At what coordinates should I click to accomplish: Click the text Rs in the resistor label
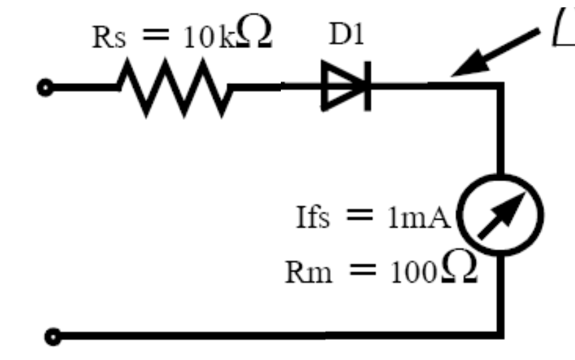(107, 39)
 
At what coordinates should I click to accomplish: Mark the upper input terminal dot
(46, 88)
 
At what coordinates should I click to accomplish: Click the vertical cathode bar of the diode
(366, 87)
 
